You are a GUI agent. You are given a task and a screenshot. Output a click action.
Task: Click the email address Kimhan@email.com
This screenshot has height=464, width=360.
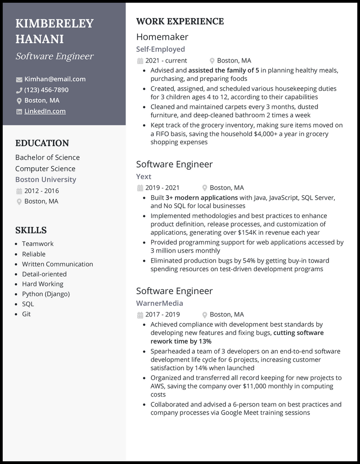55,79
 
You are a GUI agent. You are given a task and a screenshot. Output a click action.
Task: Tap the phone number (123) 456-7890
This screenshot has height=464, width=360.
46,90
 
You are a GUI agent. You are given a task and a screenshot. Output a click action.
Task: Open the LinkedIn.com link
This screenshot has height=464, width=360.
45,112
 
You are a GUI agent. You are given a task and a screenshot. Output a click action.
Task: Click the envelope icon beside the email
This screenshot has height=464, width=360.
19,80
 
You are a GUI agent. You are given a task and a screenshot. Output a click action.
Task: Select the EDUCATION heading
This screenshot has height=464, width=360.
42,143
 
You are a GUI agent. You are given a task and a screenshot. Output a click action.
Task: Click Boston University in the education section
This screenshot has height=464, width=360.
45,179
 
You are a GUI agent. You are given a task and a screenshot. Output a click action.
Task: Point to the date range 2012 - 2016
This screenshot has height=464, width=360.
41,191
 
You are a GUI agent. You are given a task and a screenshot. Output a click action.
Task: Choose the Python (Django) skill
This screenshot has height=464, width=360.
46,294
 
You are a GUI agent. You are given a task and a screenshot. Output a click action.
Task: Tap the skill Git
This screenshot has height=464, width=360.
27,314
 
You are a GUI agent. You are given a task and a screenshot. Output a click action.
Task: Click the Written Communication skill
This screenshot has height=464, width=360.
58,264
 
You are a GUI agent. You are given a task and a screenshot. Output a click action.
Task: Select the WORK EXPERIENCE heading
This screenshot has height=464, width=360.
180,22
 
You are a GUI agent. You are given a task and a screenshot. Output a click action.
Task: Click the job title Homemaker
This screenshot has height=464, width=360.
162,37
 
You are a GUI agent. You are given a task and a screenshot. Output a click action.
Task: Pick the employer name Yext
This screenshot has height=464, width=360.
144,177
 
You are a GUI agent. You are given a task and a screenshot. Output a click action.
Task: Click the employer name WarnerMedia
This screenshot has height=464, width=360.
160,303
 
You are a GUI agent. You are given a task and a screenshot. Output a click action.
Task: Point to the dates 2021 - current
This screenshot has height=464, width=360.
166,61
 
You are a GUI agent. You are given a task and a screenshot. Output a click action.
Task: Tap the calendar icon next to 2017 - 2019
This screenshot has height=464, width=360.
140,315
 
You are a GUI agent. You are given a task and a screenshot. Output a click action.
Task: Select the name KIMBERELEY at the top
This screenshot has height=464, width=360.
54,23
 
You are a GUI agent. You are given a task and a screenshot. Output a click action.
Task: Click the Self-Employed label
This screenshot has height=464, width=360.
161,49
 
